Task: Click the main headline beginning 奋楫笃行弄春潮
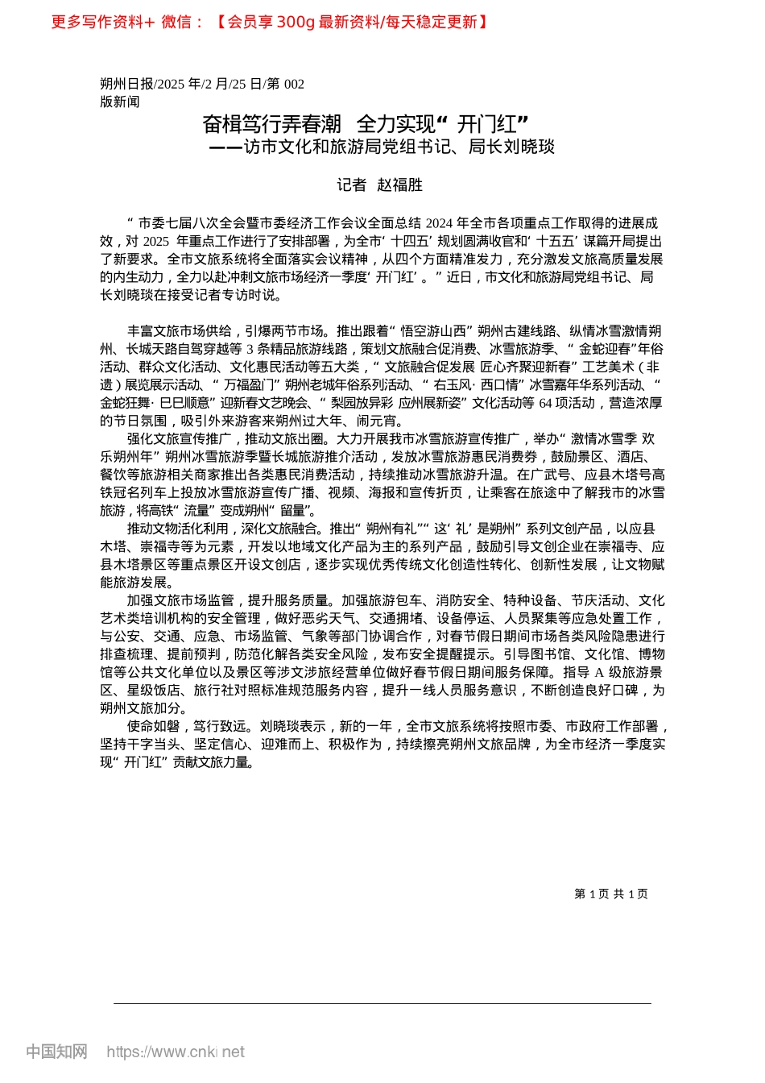tap(365, 124)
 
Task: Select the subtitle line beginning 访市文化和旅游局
tap(399, 147)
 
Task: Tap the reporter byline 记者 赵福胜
tap(379, 185)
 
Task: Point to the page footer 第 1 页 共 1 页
tap(610, 894)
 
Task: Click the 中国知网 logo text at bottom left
tap(56, 1052)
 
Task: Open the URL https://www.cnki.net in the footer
tap(176, 1052)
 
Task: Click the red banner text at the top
tap(270, 22)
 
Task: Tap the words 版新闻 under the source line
tap(120, 102)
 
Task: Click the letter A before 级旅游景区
tap(600, 672)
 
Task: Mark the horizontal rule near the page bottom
tap(382, 1003)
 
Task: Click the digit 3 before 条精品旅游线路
tap(250, 349)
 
